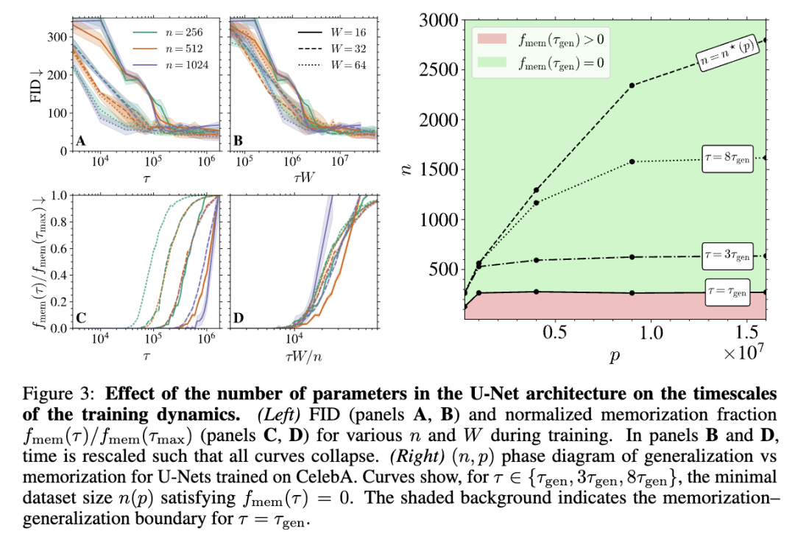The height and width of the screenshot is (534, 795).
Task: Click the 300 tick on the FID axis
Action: pyautogui.click(x=53, y=37)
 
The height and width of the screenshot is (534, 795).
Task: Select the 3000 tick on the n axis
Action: pyautogui.click(x=437, y=21)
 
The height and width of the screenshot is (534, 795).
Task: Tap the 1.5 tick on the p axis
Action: pyautogui.click(x=747, y=333)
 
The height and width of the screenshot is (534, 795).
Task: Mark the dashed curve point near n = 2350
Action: pyautogui.click(x=632, y=85)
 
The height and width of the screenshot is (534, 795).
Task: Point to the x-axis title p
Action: pyautogui.click(x=615, y=356)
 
